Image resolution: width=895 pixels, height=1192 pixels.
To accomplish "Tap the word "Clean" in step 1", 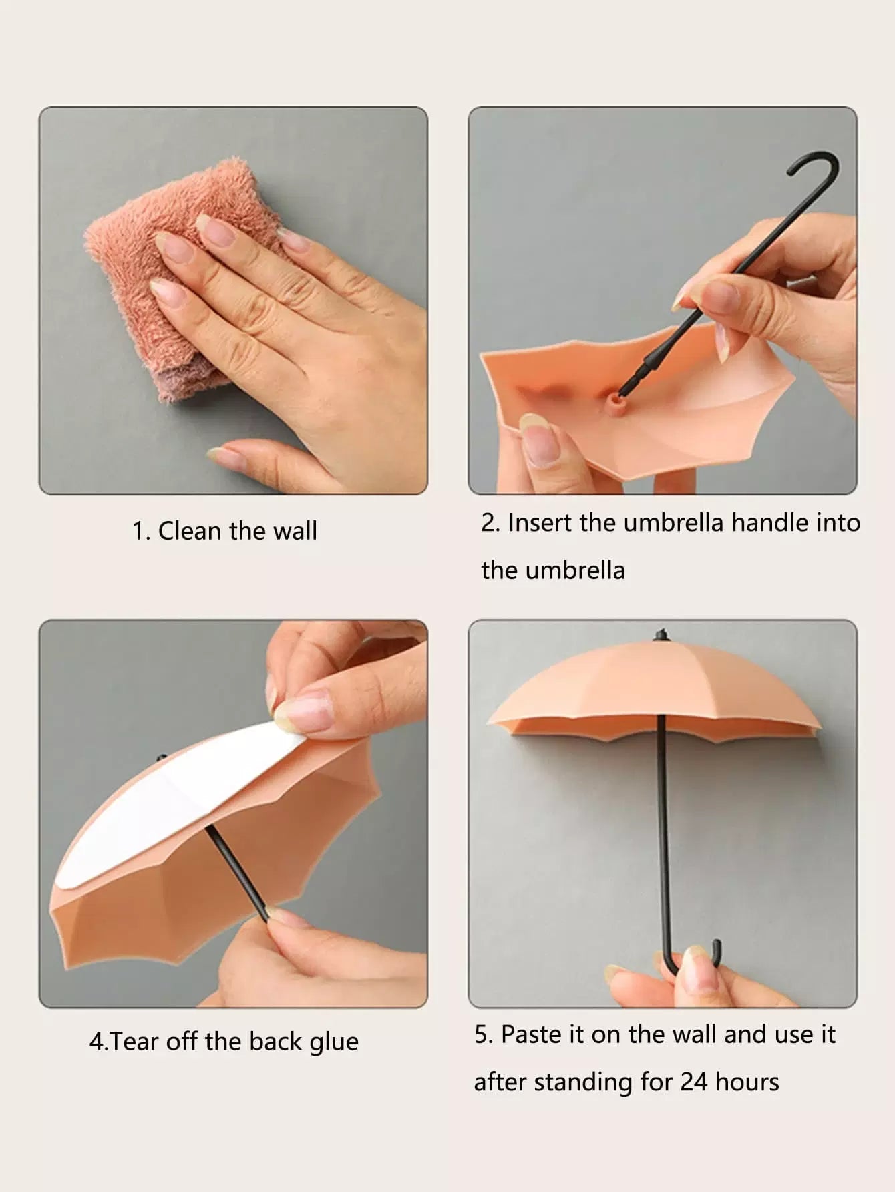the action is [x=190, y=531].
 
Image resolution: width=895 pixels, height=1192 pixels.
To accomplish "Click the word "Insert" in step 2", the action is [x=540, y=522].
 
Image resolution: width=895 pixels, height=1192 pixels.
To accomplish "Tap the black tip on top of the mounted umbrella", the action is [x=661, y=634].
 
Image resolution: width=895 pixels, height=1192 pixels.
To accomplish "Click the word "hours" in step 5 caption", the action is [x=747, y=1082].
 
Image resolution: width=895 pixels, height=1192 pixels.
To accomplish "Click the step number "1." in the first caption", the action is [x=141, y=531].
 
